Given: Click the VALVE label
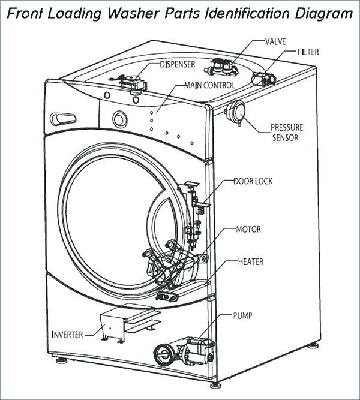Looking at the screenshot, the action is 275,41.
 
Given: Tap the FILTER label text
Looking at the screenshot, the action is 308,52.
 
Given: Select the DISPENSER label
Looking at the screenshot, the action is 178,64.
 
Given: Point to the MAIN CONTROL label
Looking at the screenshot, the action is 209,85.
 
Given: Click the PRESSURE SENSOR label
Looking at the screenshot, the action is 287,133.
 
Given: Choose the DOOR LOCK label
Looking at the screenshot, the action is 253,181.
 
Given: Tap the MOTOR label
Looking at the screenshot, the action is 248,229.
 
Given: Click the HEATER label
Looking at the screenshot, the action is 251,261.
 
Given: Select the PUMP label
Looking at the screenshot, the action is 242,316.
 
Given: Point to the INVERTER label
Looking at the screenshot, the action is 67,335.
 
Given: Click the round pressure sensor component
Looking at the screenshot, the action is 236,112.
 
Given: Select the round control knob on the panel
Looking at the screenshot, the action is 120,119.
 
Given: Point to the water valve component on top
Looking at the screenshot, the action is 221,67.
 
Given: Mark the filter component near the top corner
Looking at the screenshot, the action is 264,79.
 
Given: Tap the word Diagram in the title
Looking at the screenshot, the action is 324,14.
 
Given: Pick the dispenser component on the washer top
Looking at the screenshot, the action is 129,84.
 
